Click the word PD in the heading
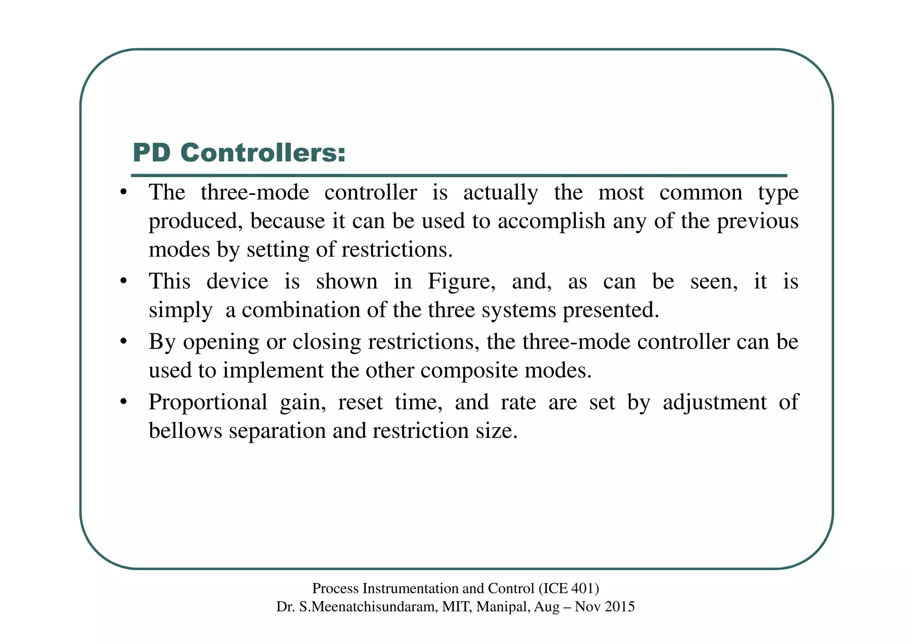coord(151,153)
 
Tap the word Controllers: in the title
coord(263,153)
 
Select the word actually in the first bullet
coord(501,193)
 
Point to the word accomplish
coord(551,221)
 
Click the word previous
coord(757,221)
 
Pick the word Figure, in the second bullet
coord(461,282)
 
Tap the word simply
coord(180,310)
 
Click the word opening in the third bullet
coord(221,342)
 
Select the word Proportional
coord(208,402)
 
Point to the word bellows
coord(185,431)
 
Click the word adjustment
coord(714,402)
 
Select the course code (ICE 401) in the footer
coord(569,588)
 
